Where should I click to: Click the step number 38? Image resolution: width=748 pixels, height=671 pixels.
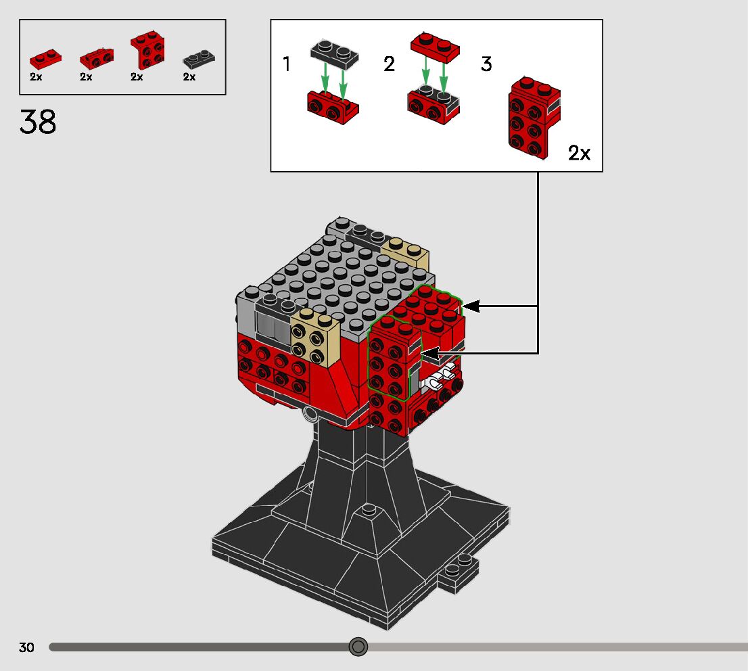(38, 122)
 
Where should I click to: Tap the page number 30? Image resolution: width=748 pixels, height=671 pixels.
(26, 647)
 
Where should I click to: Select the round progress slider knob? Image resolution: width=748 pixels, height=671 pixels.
(358, 647)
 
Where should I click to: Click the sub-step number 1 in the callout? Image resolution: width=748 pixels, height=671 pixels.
(286, 64)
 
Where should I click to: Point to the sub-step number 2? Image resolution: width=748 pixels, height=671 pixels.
(390, 64)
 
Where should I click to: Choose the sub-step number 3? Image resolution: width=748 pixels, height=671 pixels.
(486, 64)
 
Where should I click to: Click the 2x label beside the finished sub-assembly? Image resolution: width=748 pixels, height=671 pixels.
(579, 153)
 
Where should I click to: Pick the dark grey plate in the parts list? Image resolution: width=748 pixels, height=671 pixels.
(199, 59)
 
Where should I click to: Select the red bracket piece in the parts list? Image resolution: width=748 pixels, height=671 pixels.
(148, 50)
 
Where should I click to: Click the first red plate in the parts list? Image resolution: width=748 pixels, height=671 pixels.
(45, 59)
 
